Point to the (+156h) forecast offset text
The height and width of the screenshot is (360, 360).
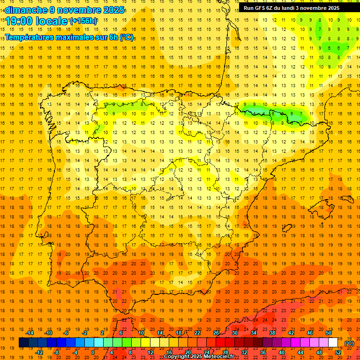83,21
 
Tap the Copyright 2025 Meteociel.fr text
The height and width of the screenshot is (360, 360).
199,357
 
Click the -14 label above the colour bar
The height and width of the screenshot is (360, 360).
30,333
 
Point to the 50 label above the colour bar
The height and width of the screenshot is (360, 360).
329,333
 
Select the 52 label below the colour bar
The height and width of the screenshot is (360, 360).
338,352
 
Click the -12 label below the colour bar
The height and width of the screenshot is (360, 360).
39,352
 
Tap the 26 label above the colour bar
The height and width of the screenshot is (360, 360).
216,333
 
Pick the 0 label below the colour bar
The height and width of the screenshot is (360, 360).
93,352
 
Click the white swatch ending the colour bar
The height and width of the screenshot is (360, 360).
333,343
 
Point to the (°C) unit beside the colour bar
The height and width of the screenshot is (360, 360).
349,343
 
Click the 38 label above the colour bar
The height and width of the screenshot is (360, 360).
272,333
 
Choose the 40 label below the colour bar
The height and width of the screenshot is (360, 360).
282,352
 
